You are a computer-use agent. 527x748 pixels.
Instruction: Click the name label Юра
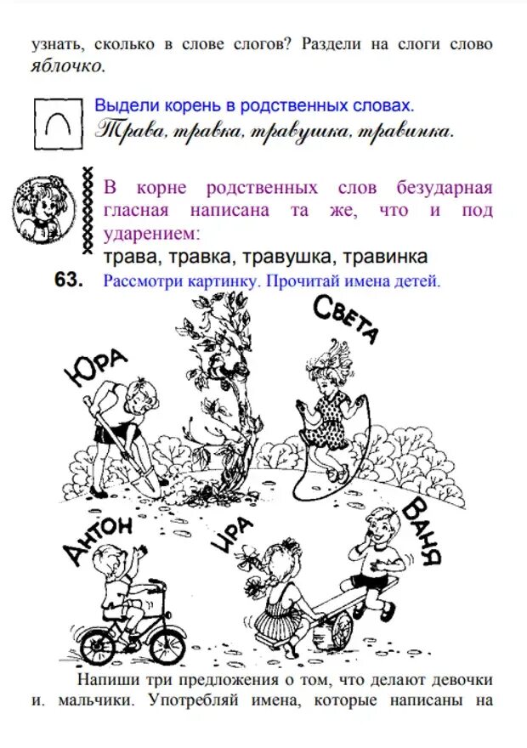[95, 368]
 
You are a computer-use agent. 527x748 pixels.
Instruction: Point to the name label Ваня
[422, 532]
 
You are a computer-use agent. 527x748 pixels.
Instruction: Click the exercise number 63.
[69, 281]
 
